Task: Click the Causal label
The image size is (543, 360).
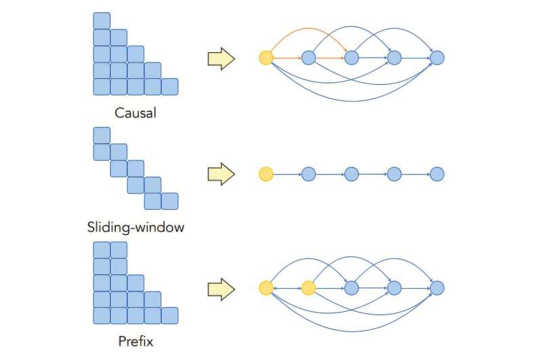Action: [136, 113]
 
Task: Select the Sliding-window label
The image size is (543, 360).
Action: [136, 227]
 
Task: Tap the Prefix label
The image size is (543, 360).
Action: [136, 342]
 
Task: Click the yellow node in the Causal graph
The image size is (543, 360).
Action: [266, 58]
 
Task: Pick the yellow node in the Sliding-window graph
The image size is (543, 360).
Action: [266, 175]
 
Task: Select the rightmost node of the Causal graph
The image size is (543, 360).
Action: [437, 58]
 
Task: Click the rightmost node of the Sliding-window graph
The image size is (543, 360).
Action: [437, 175]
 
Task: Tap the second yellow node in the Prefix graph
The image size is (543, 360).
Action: [309, 289]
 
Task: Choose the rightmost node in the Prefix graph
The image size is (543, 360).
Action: [437, 289]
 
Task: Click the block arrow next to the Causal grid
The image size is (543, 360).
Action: [221, 59]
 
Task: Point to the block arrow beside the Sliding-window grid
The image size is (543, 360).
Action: [221, 175]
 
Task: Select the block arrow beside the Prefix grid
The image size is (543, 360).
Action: [221, 289]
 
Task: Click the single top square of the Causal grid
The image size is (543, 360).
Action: [102, 20]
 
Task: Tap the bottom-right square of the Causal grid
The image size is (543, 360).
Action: [170, 86]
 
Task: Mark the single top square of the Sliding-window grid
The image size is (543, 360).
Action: [102, 135]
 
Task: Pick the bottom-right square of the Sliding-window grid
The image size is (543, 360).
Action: [170, 201]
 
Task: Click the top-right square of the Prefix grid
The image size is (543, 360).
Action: [119, 250]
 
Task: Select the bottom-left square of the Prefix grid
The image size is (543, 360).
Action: [102, 316]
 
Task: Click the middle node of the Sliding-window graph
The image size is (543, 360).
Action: [352, 175]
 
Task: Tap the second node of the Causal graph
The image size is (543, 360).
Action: [309, 58]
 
